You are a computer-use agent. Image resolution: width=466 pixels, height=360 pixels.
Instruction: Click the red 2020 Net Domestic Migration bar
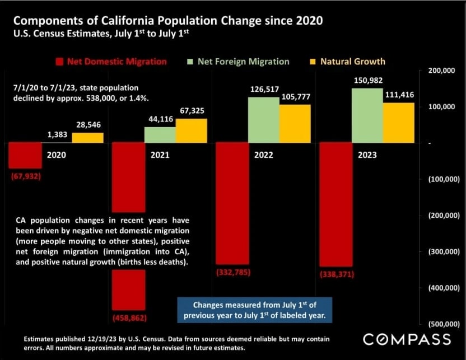click(x=25, y=155)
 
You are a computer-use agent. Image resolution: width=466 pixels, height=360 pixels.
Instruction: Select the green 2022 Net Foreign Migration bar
click(x=263, y=120)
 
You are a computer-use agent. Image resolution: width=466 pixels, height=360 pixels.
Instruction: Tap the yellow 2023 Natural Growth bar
click(x=399, y=123)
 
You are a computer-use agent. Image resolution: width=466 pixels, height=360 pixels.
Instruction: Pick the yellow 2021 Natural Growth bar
click(x=191, y=130)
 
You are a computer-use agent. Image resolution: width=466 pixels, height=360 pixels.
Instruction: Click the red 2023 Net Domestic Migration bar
click(x=336, y=204)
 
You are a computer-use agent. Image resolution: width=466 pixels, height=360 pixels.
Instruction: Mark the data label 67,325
click(x=191, y=111)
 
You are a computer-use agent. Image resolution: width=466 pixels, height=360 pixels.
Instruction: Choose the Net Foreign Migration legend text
click(x=244, y=62)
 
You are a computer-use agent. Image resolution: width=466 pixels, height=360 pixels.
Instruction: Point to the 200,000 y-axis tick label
click(x=441, y=71)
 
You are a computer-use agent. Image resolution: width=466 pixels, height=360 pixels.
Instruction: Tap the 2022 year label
click(x=264, y=155)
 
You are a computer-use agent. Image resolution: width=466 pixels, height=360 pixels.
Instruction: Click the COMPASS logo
click(x=407, y=339)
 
